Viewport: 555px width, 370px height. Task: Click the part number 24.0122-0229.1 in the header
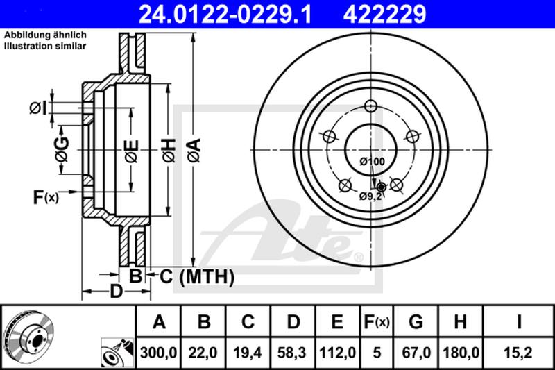click(x=225, y=14)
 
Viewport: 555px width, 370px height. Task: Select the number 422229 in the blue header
click(x=384, y=14)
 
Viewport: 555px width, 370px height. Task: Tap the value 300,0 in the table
click(x=158, y=353)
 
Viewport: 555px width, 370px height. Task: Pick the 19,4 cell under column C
click(x=248, y=353)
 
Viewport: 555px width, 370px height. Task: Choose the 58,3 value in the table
click(x=292, y=353)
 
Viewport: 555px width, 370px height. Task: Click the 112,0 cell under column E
click(x=337, y=353)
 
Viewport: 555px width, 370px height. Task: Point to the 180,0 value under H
click(x=461, y=353)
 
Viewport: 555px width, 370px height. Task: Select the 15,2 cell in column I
click(x=518, y=353)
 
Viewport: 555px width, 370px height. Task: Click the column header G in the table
click(x=416, y=322)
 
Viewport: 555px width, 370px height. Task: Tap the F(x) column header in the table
click(x=377, y=322)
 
